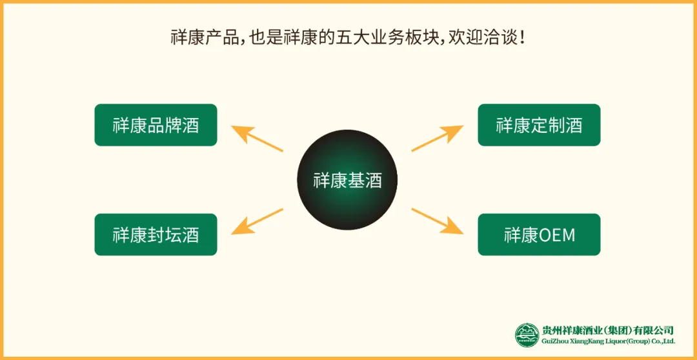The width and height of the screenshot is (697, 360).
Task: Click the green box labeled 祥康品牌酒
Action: coord(156,125)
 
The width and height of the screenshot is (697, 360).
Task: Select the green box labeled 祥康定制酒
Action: coord(539,125)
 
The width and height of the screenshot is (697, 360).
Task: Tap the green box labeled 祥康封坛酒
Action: coord(156,235)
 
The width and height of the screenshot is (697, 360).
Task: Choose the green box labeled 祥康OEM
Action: coord(539,235)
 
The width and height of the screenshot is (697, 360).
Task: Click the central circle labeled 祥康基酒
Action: coord(347,181)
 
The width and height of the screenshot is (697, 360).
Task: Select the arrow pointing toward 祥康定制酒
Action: coord(437,137)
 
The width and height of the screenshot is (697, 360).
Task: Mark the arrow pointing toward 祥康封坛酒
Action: coord(256,221)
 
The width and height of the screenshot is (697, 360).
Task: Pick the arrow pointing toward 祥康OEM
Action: coord(437,221)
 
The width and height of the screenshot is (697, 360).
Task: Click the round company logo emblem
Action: coord(527,335)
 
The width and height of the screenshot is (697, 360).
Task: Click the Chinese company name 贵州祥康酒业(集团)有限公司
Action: coord(608,330)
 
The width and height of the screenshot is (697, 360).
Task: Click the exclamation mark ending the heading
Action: coord(521,37)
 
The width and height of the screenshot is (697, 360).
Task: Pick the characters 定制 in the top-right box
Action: coord(547,125)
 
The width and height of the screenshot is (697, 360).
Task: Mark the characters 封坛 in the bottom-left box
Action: coord(164,235)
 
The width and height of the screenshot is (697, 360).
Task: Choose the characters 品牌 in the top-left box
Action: coord(164,125)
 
